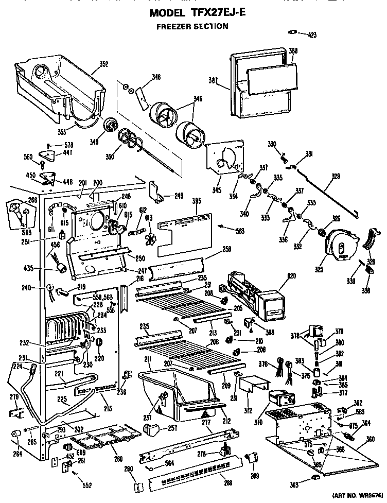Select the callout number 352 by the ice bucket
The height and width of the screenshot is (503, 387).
(103, 64)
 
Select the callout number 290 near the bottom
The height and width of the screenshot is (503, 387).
(130, 469)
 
